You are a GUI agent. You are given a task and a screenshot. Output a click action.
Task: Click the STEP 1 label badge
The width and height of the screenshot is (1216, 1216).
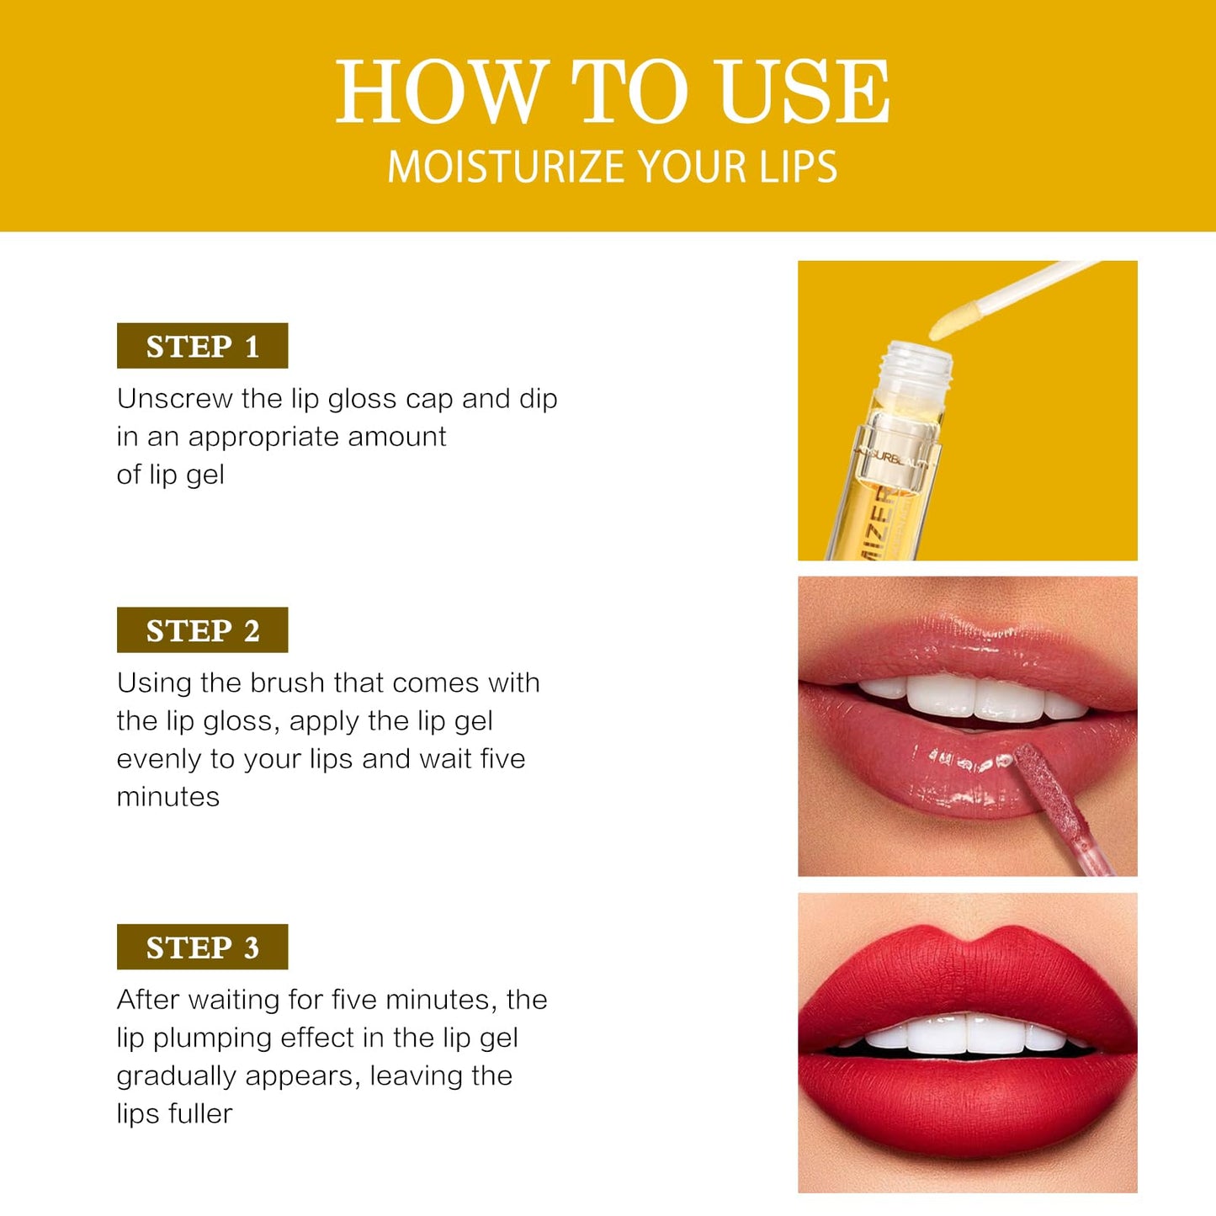pyautogui.click(x=202, y=346)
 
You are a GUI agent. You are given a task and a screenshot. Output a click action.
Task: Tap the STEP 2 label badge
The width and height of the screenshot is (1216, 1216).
pyautogui.click(x=202, y=630)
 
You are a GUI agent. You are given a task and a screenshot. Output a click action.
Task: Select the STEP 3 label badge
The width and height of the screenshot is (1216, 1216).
pyautogui.click(x=202, y=948)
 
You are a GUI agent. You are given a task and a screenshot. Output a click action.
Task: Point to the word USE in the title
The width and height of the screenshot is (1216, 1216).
pyautogui.click(x=804, y=92)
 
